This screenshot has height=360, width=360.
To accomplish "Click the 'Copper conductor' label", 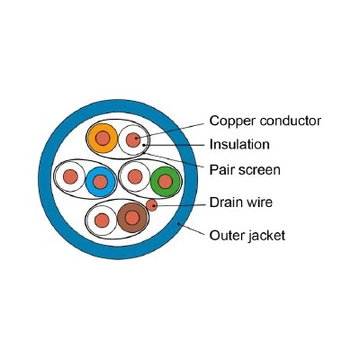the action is point(265,121).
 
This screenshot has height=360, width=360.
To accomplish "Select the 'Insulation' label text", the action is point(239,144).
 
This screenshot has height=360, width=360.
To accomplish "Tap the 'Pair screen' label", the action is point(245,170).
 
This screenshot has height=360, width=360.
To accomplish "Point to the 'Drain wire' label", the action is point(241,202).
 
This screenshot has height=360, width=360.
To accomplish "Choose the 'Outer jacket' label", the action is point(247,236).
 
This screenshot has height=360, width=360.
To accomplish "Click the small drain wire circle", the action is point(152,205).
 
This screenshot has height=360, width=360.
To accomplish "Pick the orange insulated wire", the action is point(103,139).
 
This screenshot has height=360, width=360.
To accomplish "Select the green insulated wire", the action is point(166,182).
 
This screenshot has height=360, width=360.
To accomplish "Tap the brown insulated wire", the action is point(132,218).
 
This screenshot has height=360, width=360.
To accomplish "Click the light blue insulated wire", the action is point(101,182).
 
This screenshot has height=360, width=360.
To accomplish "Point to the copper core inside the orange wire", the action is point(103,139).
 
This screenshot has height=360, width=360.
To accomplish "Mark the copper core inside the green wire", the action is point(166,182).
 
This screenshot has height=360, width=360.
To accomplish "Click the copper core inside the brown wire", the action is point(132,218).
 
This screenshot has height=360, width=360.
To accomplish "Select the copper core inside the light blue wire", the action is point(101,182).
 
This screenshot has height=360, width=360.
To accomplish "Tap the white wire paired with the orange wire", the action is point(133,139).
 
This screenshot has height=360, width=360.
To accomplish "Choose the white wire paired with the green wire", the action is point(135,176).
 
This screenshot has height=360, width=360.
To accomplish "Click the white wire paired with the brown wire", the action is point(102,220).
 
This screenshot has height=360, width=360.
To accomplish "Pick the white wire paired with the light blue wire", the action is point(70,176).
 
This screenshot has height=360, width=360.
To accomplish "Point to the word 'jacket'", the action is point(267,236).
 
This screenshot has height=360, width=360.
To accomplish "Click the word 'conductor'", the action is point(291,121).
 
